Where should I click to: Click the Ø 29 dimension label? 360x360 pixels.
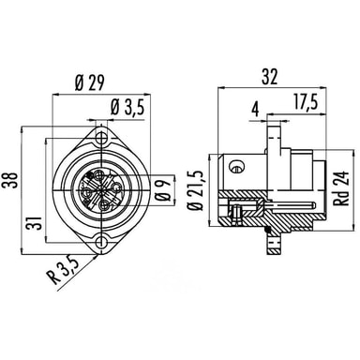pyautogui.click(x=89, y=82)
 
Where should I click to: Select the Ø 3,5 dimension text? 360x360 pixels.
pyautogui.click(x=127, y=108)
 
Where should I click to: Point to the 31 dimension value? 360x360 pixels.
pyautogui.click(x=36, y=223)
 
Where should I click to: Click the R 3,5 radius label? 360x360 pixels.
pyautogui.click(x=65, y=270)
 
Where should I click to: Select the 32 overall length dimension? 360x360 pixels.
pyautogui.click(x=269, y=77)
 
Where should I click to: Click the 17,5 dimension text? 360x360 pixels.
pyautogui.click(x=306, y=102)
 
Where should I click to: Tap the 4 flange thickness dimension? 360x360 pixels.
pyautogui.click(x=256, y=110)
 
